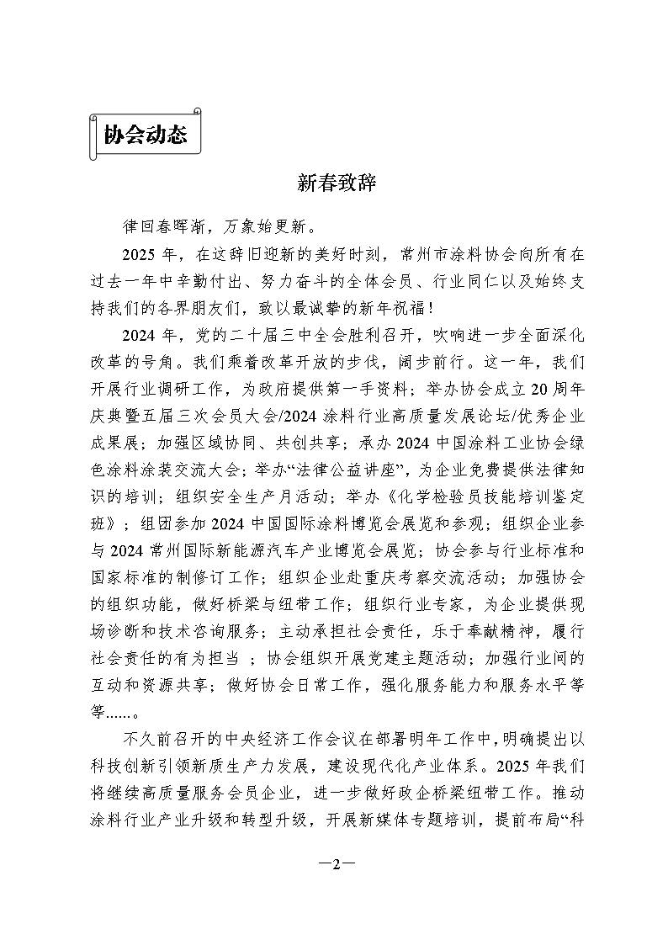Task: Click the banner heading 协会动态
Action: (x=145, y=135)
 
